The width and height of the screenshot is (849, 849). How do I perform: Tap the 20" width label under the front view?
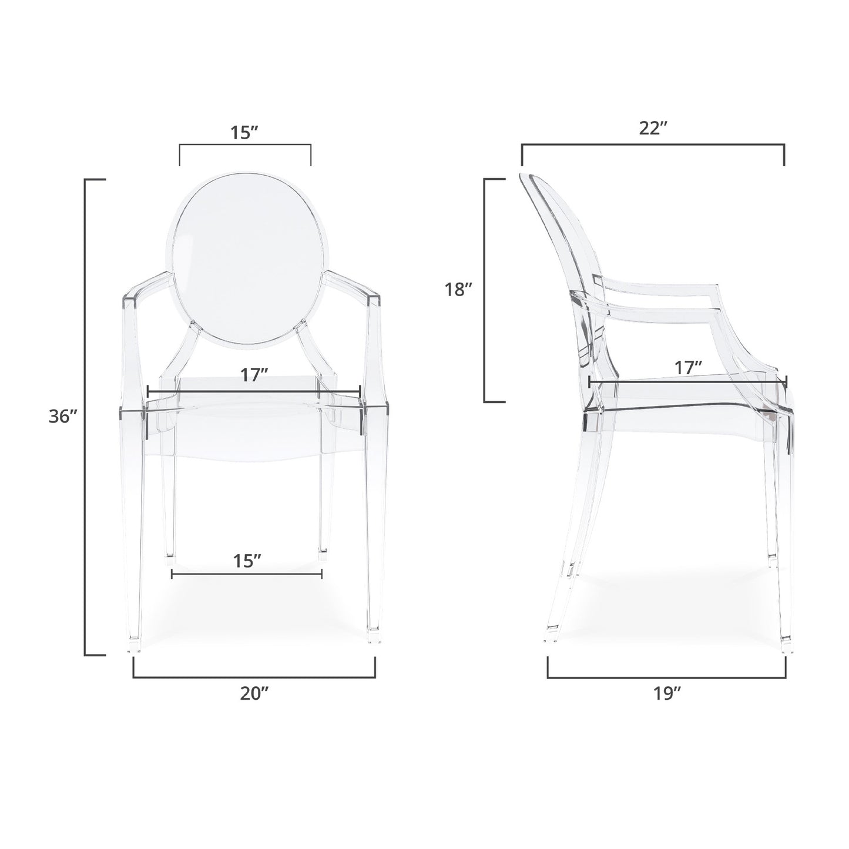point(254,693)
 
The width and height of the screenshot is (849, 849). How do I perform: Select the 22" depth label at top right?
point(653,129)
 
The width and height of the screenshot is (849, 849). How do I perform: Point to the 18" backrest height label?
point(459,290)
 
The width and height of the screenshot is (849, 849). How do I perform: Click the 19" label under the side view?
point(667,693)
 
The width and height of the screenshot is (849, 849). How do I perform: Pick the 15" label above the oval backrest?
point(245,132)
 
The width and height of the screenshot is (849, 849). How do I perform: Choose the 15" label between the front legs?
point(247,561)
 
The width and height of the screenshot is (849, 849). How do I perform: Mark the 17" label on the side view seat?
point(688,368)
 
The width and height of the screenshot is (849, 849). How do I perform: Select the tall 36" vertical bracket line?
point(86,417)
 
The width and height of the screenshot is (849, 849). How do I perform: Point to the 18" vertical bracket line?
point(485,290)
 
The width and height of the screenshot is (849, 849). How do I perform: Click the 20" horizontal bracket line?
point(254,677)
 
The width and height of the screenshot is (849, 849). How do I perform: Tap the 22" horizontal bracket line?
point(653,145)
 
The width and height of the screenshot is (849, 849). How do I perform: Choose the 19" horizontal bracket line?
point(667,677)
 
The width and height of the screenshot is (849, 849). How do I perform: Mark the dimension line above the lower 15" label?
point(247,574)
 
